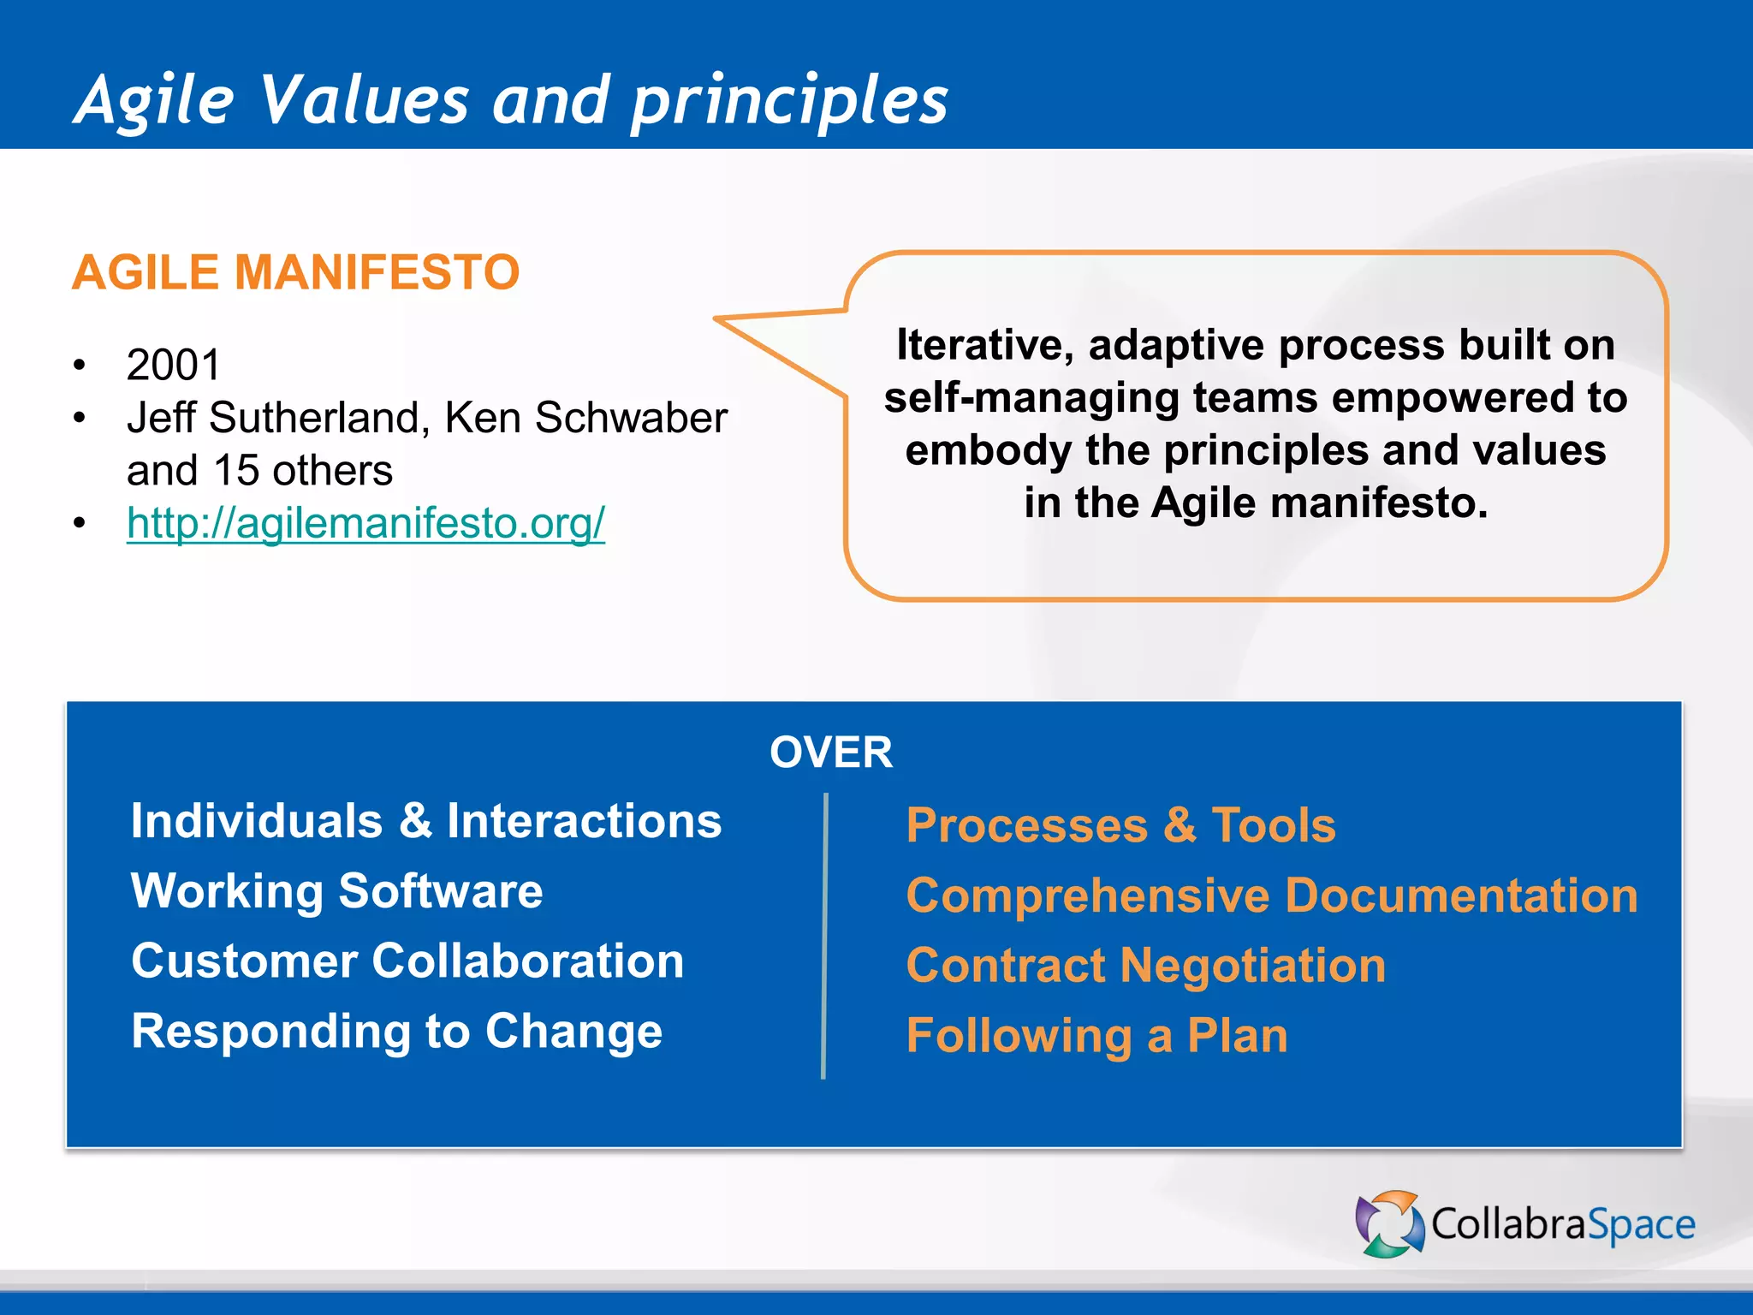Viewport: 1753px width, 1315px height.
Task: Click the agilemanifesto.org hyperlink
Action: [365, 523]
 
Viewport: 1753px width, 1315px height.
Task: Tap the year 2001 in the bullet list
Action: [174, 365]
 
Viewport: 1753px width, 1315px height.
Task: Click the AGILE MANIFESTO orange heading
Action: [295, 272]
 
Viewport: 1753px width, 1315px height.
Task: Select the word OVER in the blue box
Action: [830, 753]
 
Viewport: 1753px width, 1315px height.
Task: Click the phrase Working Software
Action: [336, 891]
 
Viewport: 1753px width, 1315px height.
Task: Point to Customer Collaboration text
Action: [407, 961]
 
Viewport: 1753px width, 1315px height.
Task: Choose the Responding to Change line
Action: [396, 1031]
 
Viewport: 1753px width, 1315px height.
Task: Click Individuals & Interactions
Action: [425, 821]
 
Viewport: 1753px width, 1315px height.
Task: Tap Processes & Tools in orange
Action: [1120, 825]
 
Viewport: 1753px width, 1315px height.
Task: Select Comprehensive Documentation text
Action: [1271, 896]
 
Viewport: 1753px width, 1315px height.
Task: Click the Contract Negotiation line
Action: [1145, 966]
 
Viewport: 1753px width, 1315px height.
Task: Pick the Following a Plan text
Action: [1096, 1036]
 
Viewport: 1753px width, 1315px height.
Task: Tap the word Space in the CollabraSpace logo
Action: [1641, 1225]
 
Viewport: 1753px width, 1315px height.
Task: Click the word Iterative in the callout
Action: [983, 345]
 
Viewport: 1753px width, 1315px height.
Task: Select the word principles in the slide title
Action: [789, 101]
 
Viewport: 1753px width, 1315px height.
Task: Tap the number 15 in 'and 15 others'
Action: [236, 471]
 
